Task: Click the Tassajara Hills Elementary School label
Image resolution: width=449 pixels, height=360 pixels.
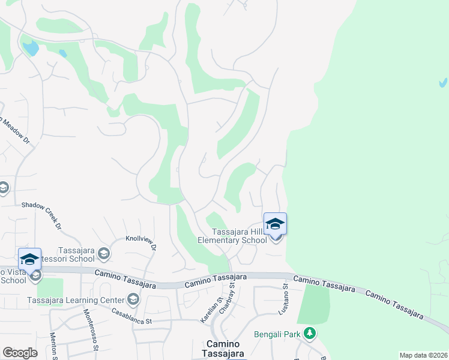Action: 233,236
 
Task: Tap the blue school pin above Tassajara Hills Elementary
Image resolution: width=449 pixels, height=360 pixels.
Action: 275,224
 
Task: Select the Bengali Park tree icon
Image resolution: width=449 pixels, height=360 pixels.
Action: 309,332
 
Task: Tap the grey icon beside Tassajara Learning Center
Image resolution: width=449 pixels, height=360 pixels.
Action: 133,299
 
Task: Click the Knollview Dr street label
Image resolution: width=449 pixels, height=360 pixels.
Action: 141,242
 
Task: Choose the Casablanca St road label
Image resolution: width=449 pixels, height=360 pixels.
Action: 133,316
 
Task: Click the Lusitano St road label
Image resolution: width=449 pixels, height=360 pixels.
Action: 283,300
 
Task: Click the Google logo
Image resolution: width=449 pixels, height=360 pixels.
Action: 20,353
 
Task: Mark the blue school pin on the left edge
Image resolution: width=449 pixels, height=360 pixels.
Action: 29,259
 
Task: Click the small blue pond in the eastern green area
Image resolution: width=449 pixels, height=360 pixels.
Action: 442,82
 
